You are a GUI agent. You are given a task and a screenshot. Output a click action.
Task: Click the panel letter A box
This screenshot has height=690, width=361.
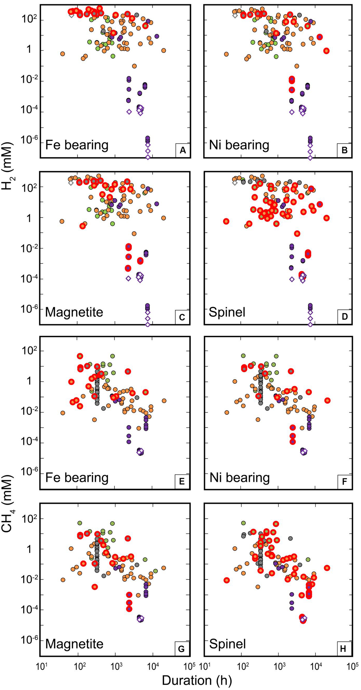183,150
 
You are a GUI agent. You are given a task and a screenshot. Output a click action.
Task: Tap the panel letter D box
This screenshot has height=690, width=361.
344,317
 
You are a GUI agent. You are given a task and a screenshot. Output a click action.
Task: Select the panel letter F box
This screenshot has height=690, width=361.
344,482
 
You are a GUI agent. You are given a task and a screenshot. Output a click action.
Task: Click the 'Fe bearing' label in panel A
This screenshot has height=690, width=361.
77,145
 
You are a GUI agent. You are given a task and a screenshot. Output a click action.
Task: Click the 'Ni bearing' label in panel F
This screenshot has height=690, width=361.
239,478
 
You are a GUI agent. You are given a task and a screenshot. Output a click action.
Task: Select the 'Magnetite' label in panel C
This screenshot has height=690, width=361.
74,312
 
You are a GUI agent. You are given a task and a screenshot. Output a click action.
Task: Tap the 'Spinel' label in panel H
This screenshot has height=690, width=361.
227,644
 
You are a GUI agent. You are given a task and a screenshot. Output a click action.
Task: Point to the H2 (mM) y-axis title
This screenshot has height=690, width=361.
7,166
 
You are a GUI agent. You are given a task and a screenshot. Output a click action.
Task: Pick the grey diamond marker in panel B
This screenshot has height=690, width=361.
235,15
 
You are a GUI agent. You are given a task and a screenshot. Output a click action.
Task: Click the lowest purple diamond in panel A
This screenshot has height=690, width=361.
148,157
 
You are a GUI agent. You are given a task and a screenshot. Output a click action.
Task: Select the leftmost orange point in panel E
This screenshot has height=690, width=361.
63,413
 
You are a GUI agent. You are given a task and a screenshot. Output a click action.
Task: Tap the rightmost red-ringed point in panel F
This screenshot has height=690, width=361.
327,400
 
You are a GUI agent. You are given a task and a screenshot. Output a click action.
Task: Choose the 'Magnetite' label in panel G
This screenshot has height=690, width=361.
74,644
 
